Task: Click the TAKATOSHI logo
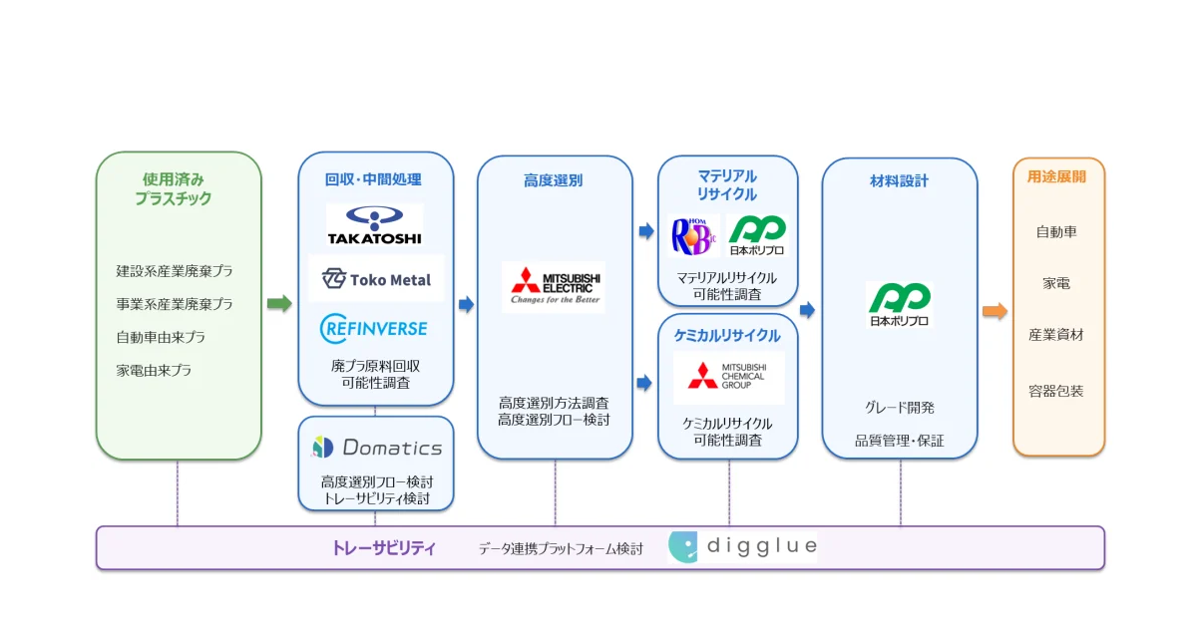click(x=375, y=225)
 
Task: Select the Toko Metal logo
click(x=376, y=279)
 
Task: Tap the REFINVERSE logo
click(x=373, y=328)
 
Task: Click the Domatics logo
click(x=377, y=448)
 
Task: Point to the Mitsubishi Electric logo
click(x=555, y=286)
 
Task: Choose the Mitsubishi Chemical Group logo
click(x=728, y=377)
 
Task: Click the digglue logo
click(x=743, y=546)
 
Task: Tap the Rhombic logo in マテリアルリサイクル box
click(x=693, y=236)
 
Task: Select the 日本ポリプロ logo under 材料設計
click(x=900, y=304)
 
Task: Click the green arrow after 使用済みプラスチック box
click(x=279, y=303)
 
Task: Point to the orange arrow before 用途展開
click(x=996, y=311)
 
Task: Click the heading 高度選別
click(x=553, y=180)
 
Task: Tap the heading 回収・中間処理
click(x=373, y=179)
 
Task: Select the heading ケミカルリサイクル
click(x=727, y=335)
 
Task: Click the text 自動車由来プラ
click(x=161, y=337)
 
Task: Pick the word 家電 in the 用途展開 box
click(x=1056, y=283)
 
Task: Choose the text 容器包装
click(x=1056, y=391)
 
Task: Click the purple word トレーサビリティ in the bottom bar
click(x=384, y=548)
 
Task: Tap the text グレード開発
click(x=900, y=408)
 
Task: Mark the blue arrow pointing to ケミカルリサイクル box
click(x=644, y=383)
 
